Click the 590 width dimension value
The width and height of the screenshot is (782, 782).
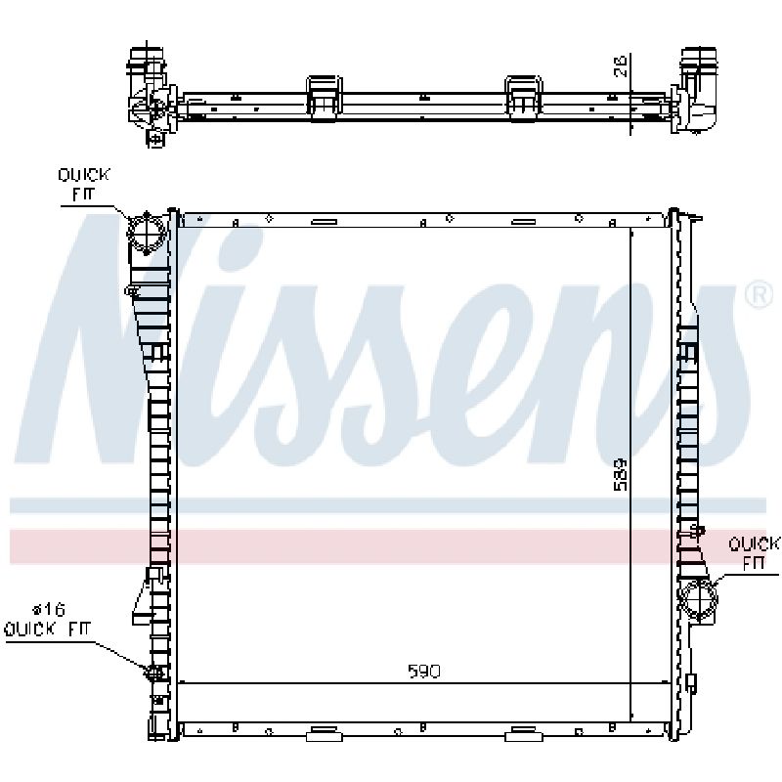(424, 672)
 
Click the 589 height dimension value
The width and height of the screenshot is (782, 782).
(621, 474)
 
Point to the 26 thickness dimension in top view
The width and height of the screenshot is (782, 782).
(620, 65)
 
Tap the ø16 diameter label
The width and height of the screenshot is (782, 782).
(49, 609)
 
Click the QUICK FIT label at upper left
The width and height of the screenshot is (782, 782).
(83, 185)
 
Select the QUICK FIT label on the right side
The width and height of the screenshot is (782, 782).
(753, 553)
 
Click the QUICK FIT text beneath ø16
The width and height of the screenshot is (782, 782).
(47, 630)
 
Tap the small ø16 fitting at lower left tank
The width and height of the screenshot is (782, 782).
(154, 673)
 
